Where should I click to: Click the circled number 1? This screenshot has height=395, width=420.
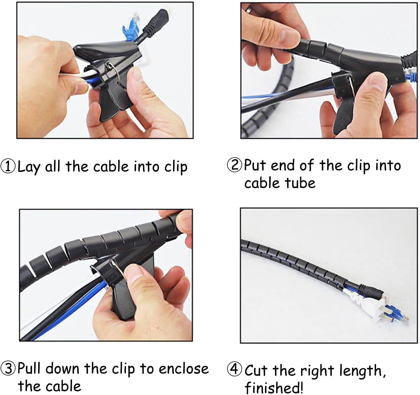(8, 166)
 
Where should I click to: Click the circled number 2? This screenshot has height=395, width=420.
(234, 165)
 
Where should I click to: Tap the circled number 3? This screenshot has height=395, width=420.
(8, 368)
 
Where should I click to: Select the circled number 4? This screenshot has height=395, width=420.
(234, 369)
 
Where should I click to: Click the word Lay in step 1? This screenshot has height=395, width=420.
(29, 167)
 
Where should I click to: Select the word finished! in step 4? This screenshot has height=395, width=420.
(274, 387)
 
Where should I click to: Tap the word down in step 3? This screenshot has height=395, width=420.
(62, 368)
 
